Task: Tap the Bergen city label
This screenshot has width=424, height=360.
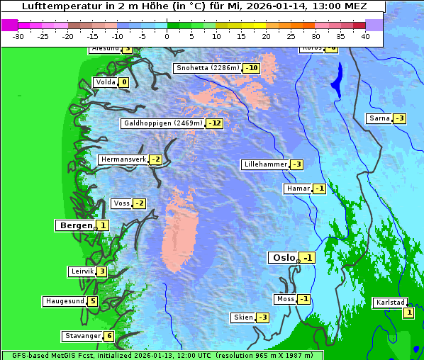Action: point(74,225)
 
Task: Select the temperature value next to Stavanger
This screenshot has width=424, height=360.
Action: point(108,336)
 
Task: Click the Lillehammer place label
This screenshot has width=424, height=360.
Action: point(265,164)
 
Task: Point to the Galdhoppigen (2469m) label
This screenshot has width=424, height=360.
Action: point(163,123)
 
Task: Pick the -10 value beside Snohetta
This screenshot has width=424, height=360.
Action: point(252,68)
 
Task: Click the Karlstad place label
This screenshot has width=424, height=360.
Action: point(389,303)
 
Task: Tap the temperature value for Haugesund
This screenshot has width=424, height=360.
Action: point(92,301)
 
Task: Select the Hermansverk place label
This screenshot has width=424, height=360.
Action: point(123,159)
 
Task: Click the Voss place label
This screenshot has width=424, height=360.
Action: point(121,203)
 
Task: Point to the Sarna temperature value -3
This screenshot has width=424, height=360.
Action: point(399,118)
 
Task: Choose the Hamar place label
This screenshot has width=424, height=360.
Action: point(297,189)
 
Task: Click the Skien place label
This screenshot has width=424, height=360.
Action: point(242,317)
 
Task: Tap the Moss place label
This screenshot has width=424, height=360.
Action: point(285,299)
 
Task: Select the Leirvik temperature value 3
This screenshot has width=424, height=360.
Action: point(102,271)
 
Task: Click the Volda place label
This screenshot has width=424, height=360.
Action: point(105,82)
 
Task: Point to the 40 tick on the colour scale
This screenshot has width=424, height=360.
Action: point(365,35)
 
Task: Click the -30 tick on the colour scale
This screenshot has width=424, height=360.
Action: point(18,35)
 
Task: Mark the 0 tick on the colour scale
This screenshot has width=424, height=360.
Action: point(167,35)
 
